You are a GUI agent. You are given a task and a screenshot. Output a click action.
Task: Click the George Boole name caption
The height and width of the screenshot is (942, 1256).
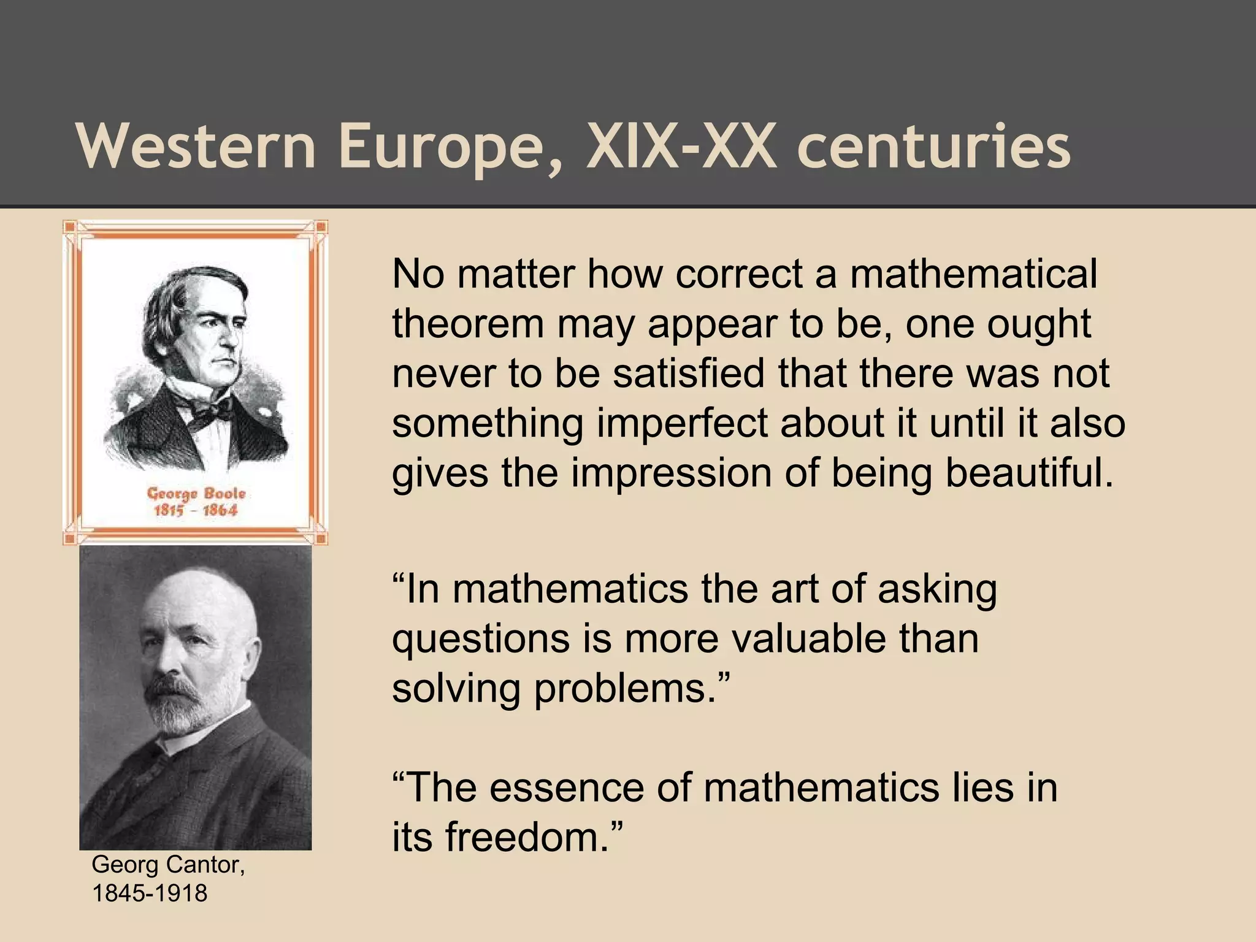(x=196, y=494)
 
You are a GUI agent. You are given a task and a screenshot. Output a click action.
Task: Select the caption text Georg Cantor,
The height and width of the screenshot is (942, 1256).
(x=168, y=865)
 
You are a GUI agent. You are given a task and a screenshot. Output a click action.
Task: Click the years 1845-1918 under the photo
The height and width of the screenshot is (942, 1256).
(x=150, y=893)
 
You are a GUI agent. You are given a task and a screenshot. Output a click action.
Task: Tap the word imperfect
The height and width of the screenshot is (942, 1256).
(x=681, y=423)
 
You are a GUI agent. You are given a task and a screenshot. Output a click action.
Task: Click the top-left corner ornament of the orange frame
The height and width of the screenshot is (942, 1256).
(x=69, y=226)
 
